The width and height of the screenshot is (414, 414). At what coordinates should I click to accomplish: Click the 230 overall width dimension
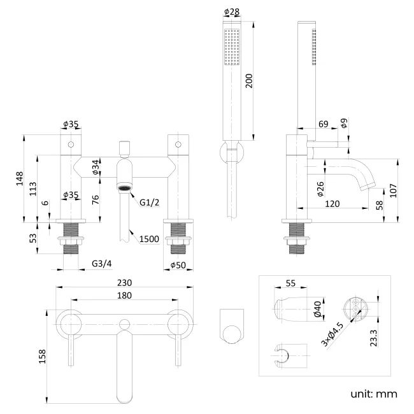click(124, 283)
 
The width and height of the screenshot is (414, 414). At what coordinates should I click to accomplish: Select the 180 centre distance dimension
click(124, 296)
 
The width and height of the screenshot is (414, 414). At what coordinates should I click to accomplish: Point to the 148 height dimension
click(20, 178)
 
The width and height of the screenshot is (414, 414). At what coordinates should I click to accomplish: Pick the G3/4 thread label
click(101, 263)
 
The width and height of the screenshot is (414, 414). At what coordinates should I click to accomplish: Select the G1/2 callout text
click(148, 203)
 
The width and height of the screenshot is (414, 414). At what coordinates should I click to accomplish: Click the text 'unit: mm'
click(373, 394)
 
